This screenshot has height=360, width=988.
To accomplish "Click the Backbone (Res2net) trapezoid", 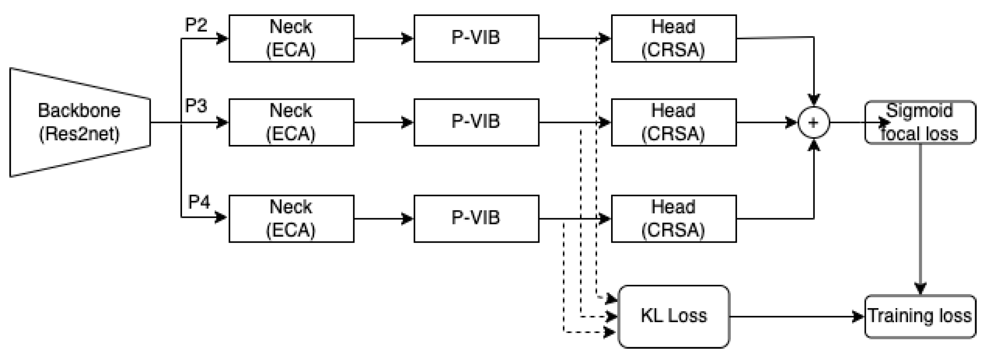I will tap(80, 122).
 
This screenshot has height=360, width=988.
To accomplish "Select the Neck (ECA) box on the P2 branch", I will tap(291, 39).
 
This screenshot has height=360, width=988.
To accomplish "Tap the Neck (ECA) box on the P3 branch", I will tap(291, 122).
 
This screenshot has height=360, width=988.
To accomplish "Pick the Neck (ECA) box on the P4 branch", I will tap(291, 219).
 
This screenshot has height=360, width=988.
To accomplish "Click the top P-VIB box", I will tap(476, 39).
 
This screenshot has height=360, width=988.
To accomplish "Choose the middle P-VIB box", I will tap(476, 122).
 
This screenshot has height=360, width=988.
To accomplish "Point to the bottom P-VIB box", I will tap(476, 219).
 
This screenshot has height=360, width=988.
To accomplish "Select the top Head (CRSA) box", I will tap(673, 39).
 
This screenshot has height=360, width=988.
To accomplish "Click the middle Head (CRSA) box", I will tap(673, 122).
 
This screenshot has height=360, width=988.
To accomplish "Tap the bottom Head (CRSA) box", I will tap(673, 219).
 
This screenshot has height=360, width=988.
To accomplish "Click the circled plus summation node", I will tap(814, 123).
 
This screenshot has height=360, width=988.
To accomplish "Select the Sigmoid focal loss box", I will tap(920, 122).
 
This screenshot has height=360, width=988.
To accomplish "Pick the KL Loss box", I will tap(673, 316).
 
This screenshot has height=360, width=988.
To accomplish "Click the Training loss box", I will tap(920, 316).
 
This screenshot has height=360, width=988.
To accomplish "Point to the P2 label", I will tap(196, 25).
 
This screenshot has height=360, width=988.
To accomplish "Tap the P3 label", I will tap(196, 106).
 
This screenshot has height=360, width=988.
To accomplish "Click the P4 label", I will tap(199, 202).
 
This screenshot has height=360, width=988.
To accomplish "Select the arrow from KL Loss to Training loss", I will tap(795, 316).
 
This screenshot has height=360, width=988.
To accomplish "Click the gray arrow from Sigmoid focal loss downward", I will tap(920, 218).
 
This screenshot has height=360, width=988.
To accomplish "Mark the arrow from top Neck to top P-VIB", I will tap(384, 39).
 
